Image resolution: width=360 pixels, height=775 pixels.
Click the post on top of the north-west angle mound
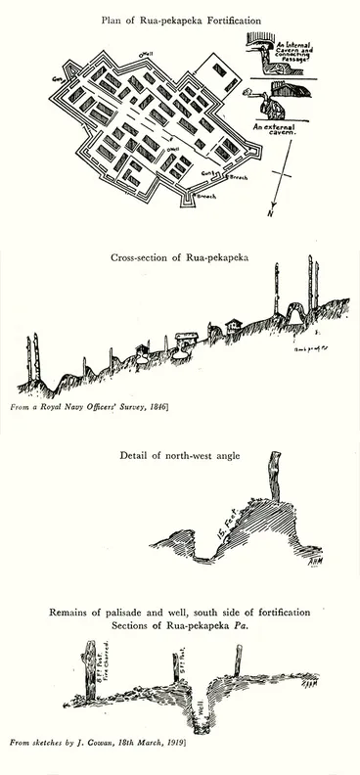point(273,479)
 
